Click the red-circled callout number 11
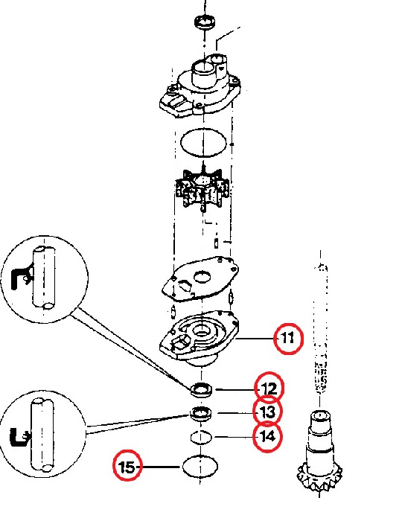(288, 338)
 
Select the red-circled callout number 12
(269, 389)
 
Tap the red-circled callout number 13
(267, 412)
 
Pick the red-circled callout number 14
(267, 436)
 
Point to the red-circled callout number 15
(127, 467)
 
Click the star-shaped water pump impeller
(202, 188)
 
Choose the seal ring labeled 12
(201, 389)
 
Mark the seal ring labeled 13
(201, 414)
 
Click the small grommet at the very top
(204, 22)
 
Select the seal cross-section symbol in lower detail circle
(19, 437)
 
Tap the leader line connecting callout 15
(159, 467)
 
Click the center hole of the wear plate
(202, 276)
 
